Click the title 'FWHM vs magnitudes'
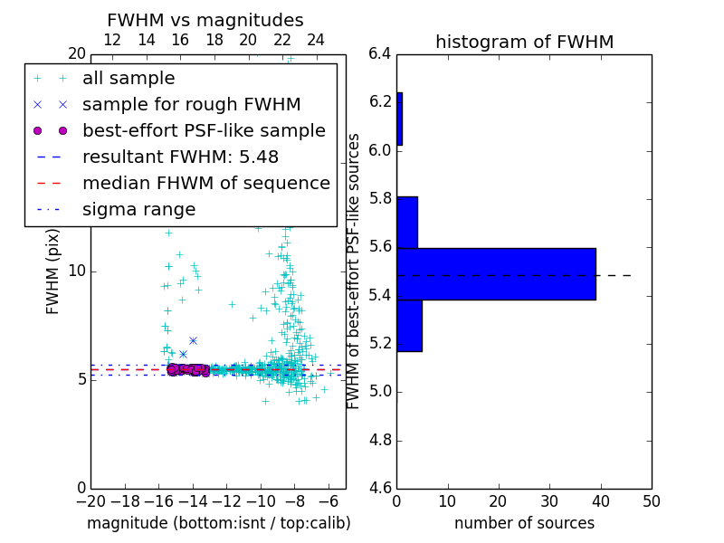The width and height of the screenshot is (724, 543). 205,21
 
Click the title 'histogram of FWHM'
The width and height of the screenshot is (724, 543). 524,42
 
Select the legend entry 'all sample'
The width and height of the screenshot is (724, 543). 129,79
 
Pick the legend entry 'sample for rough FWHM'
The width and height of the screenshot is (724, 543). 191,105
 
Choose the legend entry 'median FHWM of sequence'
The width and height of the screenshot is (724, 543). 205,183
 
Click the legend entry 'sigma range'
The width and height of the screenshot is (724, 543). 138,209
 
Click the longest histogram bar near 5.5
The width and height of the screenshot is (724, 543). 496,273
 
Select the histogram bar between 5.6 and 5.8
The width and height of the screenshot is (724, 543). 406,222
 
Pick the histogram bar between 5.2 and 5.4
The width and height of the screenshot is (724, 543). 409,325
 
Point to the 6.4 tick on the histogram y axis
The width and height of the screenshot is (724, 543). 380,53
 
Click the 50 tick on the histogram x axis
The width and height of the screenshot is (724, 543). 650,500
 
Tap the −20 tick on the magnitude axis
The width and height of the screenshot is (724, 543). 90,500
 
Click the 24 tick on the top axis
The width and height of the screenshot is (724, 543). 316,40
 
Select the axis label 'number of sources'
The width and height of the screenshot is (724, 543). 524,523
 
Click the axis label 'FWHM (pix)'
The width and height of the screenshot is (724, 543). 53,272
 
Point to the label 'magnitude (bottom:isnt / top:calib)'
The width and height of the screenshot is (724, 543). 218,523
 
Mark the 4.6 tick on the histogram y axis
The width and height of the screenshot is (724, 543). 380,489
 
